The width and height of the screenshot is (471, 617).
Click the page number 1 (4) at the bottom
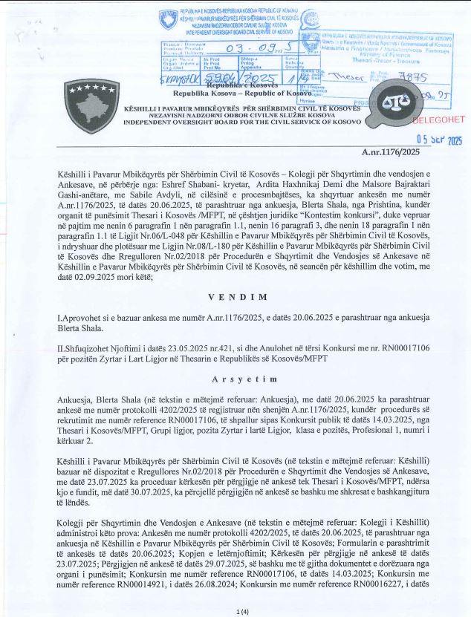pos(235,610)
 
